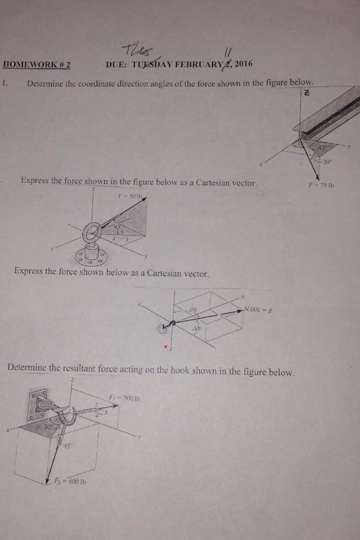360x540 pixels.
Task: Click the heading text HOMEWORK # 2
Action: click(37, 65)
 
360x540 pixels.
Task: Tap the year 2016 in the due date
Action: click(243, 64)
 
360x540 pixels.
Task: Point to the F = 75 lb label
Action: click(321, 184)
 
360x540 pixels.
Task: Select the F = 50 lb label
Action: click(130, 196)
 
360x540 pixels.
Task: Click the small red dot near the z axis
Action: click(165, 346)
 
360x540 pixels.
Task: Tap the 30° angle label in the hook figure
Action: click(48, 428)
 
